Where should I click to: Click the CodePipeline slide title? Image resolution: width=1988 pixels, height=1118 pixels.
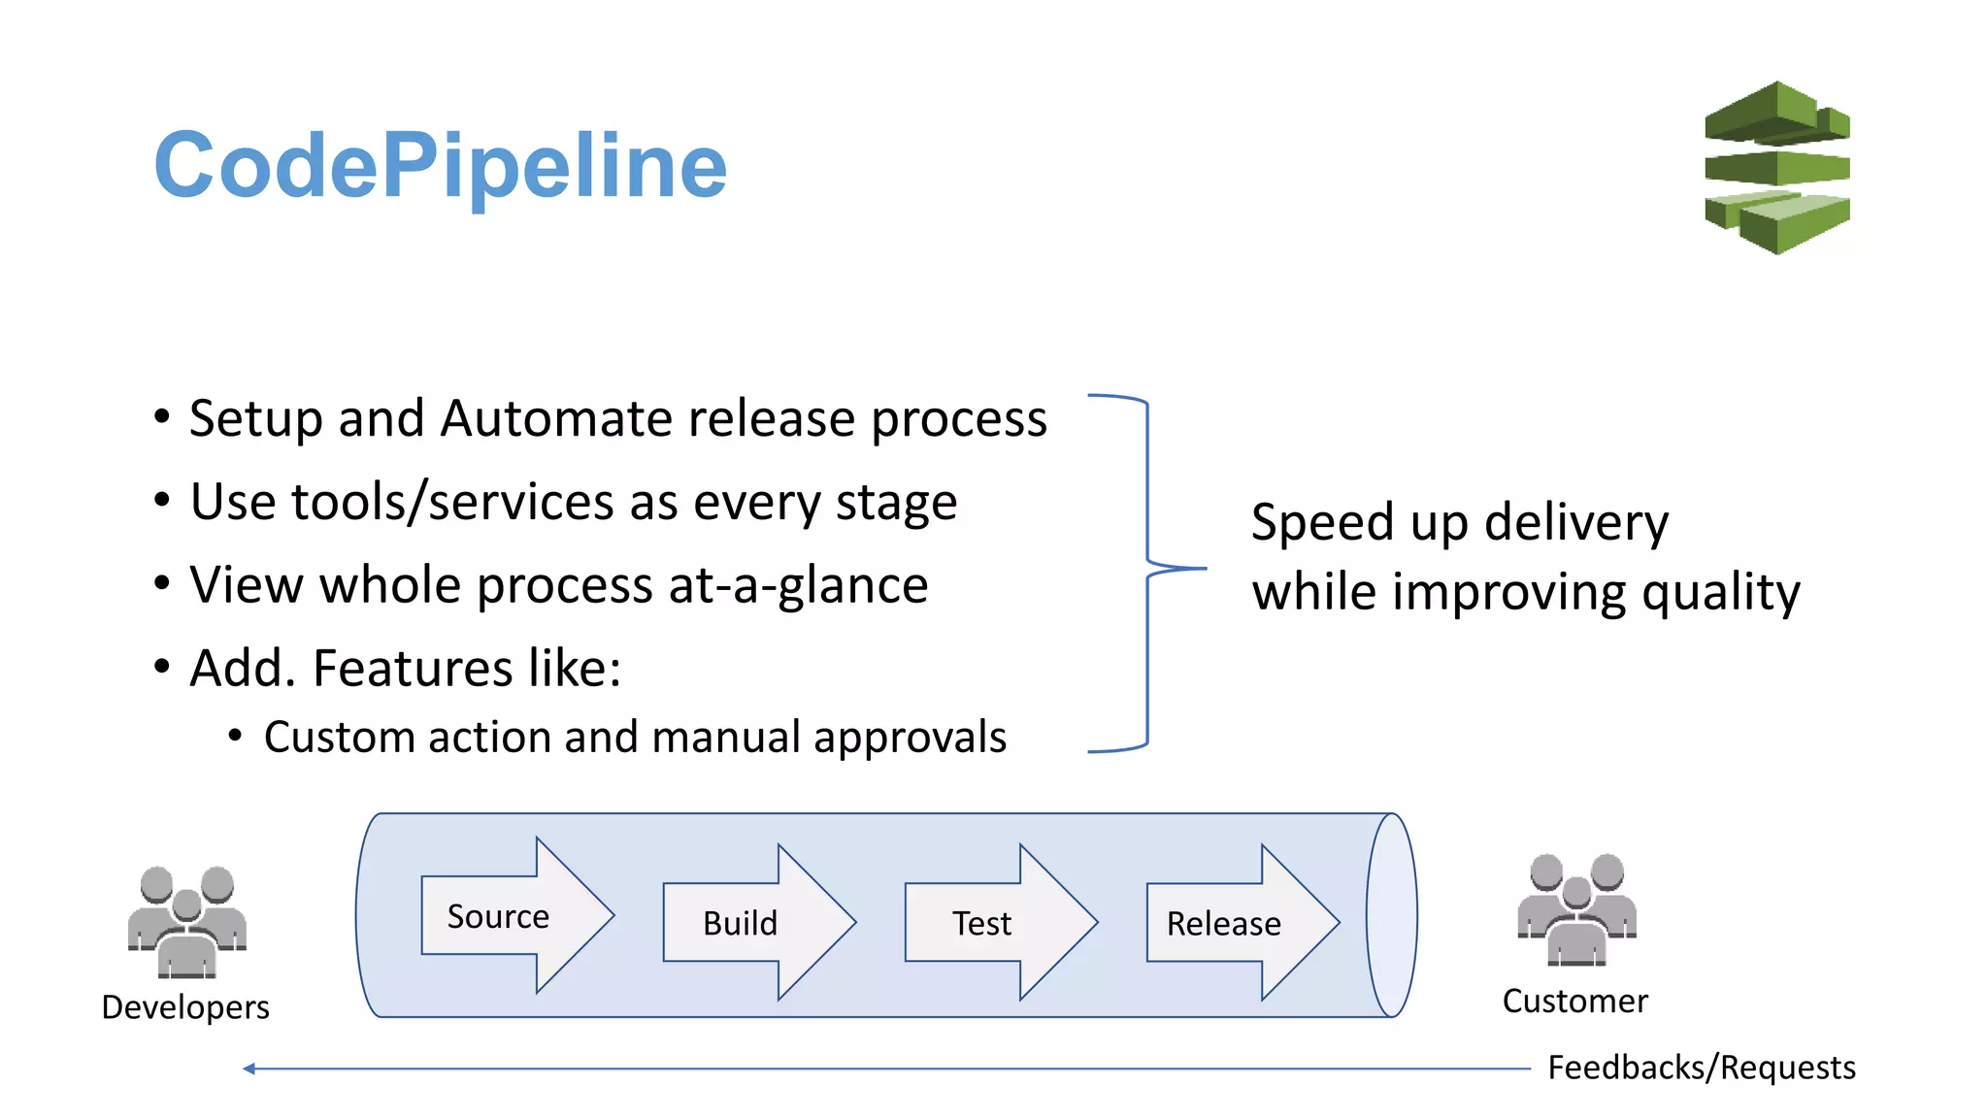tap(440, 165)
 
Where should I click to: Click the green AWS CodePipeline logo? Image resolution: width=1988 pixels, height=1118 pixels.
tap(1776, 168)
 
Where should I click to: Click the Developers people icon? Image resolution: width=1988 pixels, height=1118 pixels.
tap(186, 922)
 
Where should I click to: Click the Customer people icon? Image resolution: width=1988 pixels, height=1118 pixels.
tap(1576, 910)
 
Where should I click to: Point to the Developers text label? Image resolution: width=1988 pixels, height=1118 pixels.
tap(185, 1007)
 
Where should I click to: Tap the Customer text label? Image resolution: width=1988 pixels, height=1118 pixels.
tap(1574, 1002)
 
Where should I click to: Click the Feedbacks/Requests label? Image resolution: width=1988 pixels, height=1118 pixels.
tap(1701, 1068)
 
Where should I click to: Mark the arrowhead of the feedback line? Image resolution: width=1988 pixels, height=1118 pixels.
tap(248, 1069)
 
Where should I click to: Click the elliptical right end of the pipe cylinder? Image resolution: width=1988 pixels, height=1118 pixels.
tap(1392, 915)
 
